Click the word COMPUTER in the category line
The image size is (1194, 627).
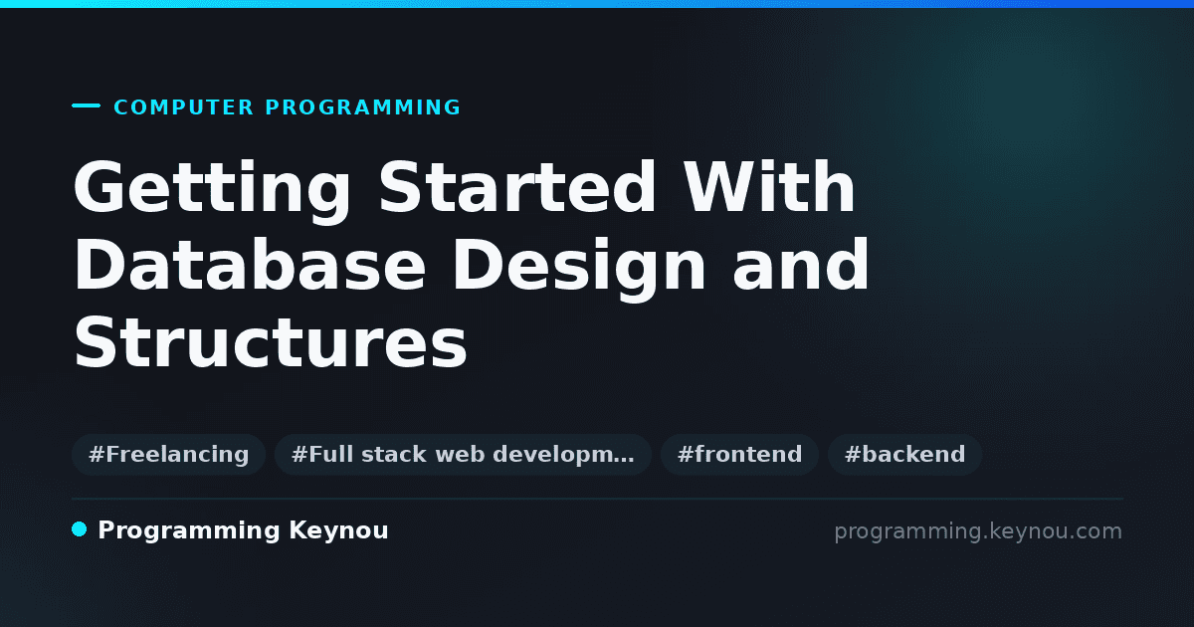pos(183,107)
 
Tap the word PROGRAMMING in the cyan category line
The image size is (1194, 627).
pos(362,107)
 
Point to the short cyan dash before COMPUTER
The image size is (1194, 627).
pos(86,105)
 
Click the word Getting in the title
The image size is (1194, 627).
pos(212,191)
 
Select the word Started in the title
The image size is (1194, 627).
pos(517,187)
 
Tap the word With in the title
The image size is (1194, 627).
pos(769,187)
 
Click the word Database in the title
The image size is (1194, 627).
pos(250,265)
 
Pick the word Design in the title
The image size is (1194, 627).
pos(579,269)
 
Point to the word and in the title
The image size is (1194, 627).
pos(801,265)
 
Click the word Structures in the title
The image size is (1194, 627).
pos(271,341)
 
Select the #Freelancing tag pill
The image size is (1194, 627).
pos(168,454)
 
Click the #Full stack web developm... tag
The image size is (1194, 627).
pos(463,454)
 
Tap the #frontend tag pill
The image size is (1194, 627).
pos(739,454)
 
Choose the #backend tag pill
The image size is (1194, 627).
pos(904,454)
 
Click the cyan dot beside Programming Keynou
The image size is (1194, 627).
pos(80,529)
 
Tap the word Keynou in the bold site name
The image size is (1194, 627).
pos(338,531)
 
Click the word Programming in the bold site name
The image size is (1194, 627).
pos(189,531)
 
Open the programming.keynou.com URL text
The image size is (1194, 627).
pos(978,531)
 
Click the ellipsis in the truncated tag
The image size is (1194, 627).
pos(625,461)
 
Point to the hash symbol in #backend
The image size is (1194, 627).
pos(853,455)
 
